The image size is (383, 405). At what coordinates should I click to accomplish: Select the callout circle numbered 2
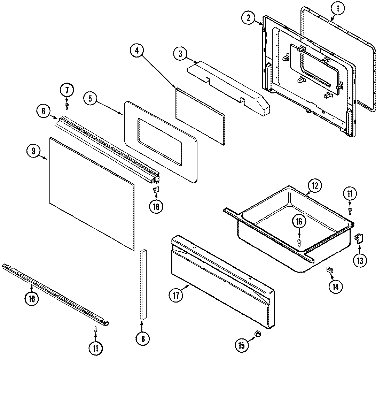[x=249, y=18]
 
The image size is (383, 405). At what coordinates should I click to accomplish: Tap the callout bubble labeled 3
[x=180, y=54]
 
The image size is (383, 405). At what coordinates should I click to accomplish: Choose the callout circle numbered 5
[x=91, y=99]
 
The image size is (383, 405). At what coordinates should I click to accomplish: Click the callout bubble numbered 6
[x=44, y=111]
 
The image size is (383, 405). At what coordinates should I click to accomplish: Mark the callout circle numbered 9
[x=34, y=151]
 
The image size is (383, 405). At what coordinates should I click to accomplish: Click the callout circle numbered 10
[x=32, y=298]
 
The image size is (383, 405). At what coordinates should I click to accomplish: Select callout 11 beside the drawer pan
[x=350, y=193]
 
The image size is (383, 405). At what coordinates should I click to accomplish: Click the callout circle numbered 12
[x=314, y=186]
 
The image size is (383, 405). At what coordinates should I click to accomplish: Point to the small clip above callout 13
[x=358, y=238]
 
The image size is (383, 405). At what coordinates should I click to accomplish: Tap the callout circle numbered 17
[x=176, y=296]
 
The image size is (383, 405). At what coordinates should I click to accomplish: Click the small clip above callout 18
[x=156, y=189]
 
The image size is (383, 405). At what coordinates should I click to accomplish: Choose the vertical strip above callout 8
[x=143, y=284]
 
